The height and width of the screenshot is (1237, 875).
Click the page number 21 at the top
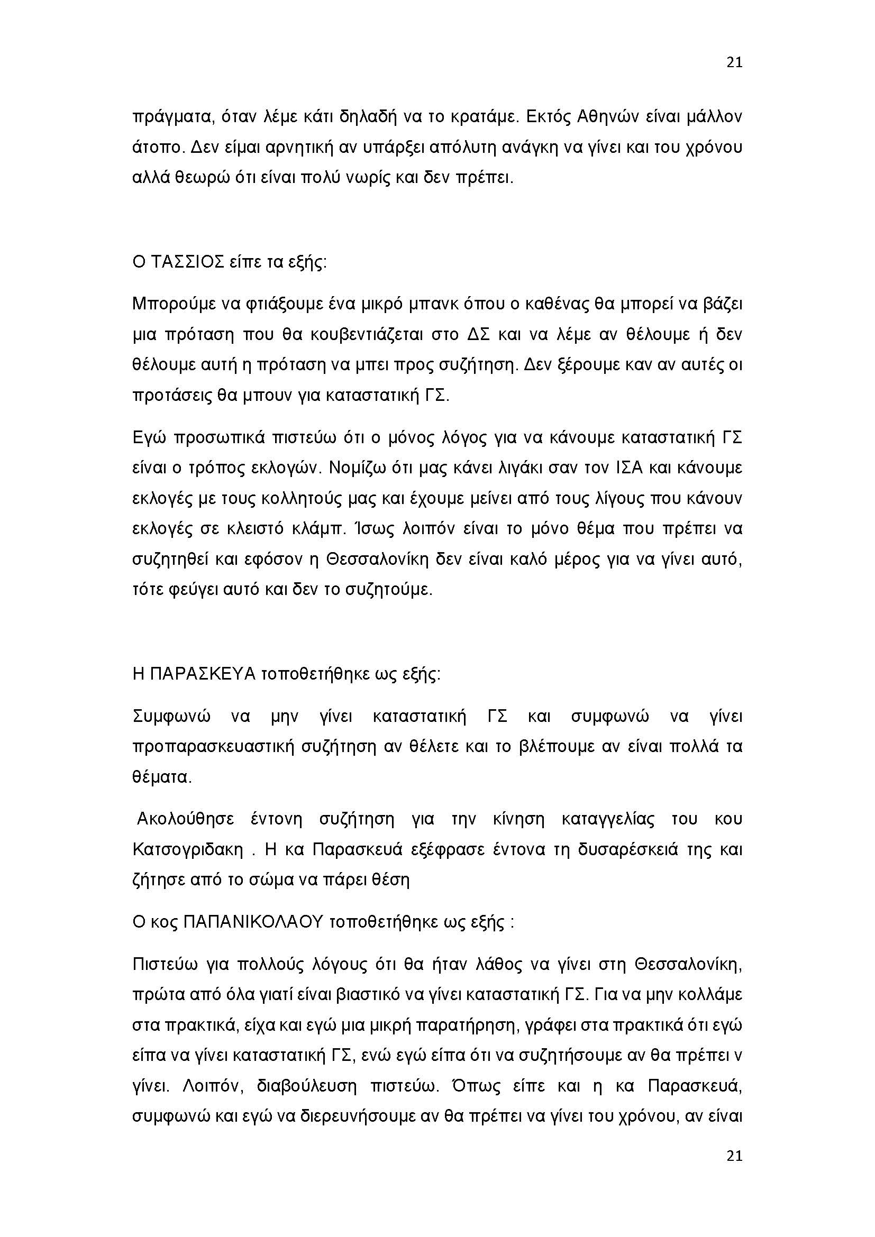[734, 62]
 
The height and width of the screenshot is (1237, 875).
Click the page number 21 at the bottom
[734, 1156]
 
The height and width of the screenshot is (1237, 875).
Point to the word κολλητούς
[303, 498]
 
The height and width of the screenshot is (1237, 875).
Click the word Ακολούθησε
[185, 819]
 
